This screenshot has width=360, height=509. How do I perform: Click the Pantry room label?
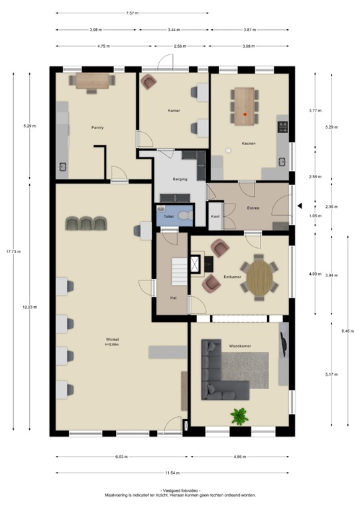pyautogui.click(x=97, y=127)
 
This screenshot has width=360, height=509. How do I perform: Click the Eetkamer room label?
pyautogui.click(x=232, y=276)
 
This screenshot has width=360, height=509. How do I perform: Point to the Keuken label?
pyautogui.click(x=249, y=144)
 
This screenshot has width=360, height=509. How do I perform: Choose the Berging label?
pyautogui.click(x=180, y=179)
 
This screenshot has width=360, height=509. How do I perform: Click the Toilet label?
pyautogui.click(x=168, y=216)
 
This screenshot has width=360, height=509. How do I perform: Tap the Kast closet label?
pyautogui.click(x=215, y=216)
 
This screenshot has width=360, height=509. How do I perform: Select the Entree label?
pyautogui.click(x=253, y=209)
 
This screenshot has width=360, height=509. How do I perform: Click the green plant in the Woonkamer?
pyautogui.click(x=238, y=416)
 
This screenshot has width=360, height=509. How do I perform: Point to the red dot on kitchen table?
pyautogui.click(x=245, y=115)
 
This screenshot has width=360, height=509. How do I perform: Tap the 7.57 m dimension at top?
pyautogui.click(x=132, y=13)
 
